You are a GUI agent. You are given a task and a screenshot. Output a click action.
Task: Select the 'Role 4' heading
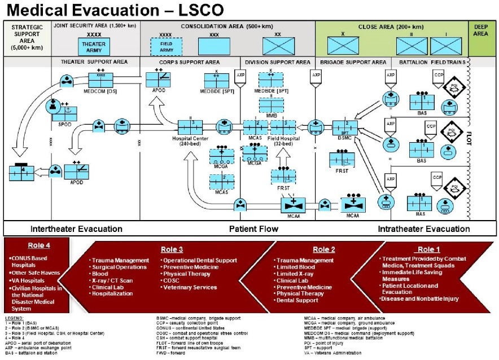[39, 245]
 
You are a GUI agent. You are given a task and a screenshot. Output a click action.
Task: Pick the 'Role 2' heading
[324, 249]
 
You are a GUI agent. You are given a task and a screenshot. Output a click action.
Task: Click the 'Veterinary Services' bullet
[189, 287]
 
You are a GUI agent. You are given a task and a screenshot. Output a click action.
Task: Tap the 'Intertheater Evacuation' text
[76, 229]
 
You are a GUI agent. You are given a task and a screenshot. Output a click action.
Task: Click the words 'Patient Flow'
[253, 229]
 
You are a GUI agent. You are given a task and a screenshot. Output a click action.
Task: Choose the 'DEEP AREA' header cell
[483, 30]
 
